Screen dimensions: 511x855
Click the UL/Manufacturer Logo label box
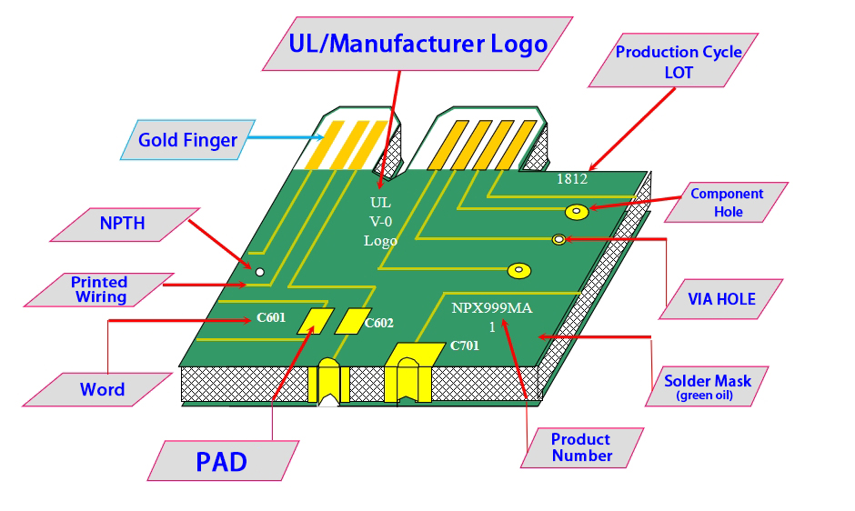click(x=417, y=43)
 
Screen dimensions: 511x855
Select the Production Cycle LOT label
click(x=679, y=62)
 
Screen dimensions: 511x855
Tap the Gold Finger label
click(x=187, y=140)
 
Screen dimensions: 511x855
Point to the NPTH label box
click(x=123, y=223)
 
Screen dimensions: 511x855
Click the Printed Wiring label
click(x=100, y=289)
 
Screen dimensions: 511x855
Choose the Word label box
click(x=102, y=389)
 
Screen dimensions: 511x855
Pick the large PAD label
click(x=222, y=461)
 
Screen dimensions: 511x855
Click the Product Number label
click(x=582, y=447)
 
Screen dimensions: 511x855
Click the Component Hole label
click(x=727, y=203)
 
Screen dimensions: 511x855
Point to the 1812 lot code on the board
click(x=572, y=179)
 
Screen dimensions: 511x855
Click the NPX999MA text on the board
click(x=492, y=308)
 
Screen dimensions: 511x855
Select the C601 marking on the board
click(x=271, y=318)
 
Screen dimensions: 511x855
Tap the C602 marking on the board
click(x=379, y=323)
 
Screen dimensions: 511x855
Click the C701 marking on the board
click(x=465, y=346)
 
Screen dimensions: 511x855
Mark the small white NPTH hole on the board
click(x=259, y=271)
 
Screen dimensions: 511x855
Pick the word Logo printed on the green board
click(x=381, y=241)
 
